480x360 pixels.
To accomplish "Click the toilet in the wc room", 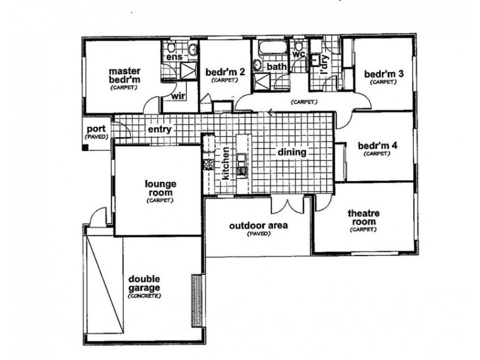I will pos(298,46).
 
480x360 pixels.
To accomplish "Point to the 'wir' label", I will pos(178,96).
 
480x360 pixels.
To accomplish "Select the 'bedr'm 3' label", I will pos(383,74).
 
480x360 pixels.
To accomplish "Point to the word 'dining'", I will pos(292,153).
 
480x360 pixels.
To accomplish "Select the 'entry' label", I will pos(160,129).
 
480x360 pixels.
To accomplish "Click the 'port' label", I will pos(97,129).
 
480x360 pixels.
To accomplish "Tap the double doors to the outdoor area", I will pos(287,205).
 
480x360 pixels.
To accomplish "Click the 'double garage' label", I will pos(144,284).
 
